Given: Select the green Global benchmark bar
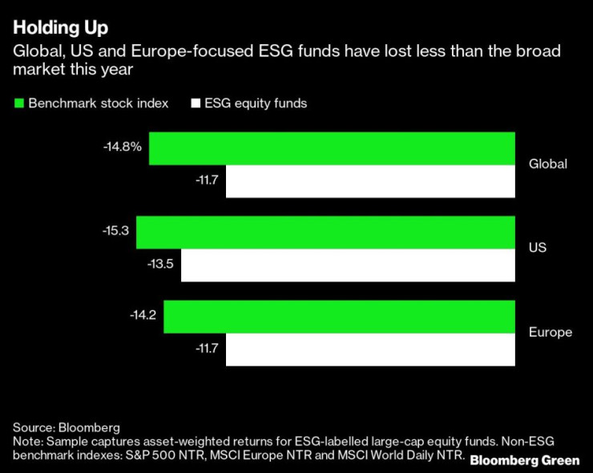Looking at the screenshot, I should pyautogui.click(x=332, y=148).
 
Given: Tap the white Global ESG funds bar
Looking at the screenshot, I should pyautogui.click(x=370, y=181).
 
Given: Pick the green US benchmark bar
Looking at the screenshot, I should pyautogui.click(x=325, y=232).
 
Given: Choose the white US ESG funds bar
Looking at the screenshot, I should pyautogui.click(x=348, y=265).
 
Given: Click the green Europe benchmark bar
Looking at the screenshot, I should pyautogui.click(x=339, y=316).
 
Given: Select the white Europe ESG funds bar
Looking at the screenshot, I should pyautogui.click(x=370, y=350).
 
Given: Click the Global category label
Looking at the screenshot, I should pyautogui.click(x=548, y=164).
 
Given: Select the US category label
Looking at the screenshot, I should pyautogui.click(x=538, y=248).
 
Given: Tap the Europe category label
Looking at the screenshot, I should pyautogui.click(x=551, y=332).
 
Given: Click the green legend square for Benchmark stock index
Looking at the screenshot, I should pyautogui.click(x=18, y=103).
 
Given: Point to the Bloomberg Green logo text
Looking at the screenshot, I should pyautogui.click(x=525, y=460).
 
